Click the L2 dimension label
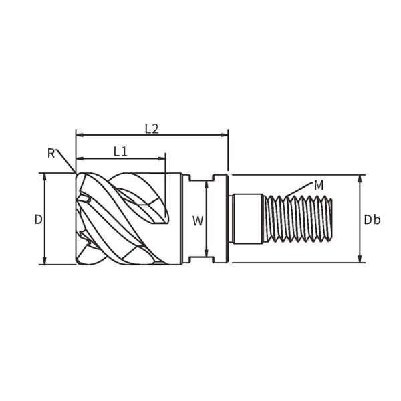[x=152, y=129]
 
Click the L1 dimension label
[x=120, y=152]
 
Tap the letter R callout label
[x=51, y=154]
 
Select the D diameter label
[x=38, y=219]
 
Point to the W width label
[x=198, y=221]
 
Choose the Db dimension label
[x=372, y=219]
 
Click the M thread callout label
[x=319, y=185]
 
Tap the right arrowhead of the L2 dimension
[x=225, y=135]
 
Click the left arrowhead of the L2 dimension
[x=80, y=135]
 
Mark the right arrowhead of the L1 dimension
[x=162, y=158]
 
